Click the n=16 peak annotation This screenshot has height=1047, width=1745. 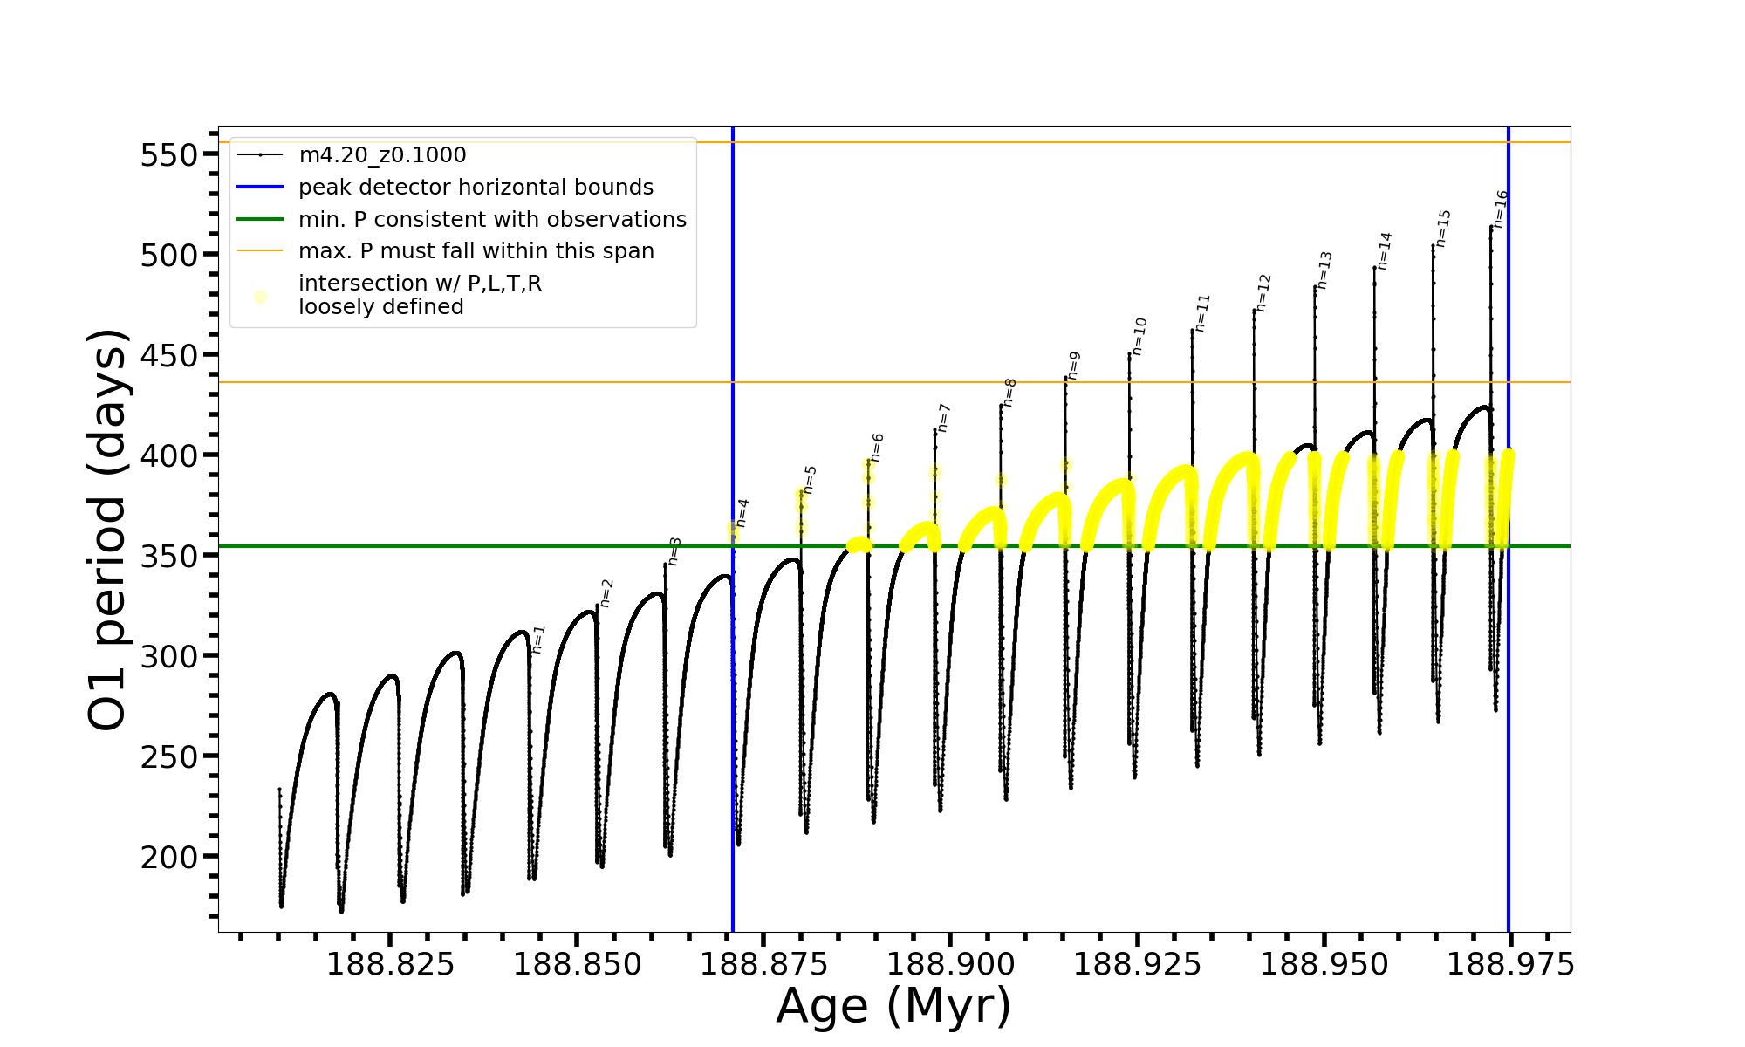pyautogui.click(x=1501, y=209)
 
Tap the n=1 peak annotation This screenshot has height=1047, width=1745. pyautogui.click(x=538, y=640)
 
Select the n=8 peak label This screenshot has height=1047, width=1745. pyautogui.click(x=1009, y=393)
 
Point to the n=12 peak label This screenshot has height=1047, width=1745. pyautogui.click(x=1263, y=293)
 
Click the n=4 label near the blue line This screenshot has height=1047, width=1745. pyautogui.click(x=742, y=513)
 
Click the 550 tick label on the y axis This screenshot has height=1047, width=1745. pyautogui.click(x=169, y=155)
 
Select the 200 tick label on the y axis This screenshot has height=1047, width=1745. pyautogui.click(x=169, y=857)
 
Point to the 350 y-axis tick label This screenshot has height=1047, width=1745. pyautogui.click(x=169, y=556)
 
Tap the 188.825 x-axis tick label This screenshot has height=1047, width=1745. pyautogui.click(x=390, y=965)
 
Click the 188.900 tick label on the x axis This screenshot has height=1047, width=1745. pyautogui.click(x=950, y=965)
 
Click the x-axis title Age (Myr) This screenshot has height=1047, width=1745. pyautogui.click(x=893, y=1006)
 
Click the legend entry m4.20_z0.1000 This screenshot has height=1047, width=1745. pyautogui.click(x=382, y=155)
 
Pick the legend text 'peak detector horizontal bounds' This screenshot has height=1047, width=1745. pyautogui.click(x=476, y=188)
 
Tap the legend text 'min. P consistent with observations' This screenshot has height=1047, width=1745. pyautogui.click(x=492, y=219)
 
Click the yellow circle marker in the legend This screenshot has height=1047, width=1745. pyautogui.click(x=260, y=297)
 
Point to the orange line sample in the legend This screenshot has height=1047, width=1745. pyautogui.click(x=260, y=251)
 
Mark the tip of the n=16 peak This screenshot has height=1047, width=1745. pyautogui.click(x=1491, y=227)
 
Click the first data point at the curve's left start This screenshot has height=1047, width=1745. pyautogui.click(x=279, y=790)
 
